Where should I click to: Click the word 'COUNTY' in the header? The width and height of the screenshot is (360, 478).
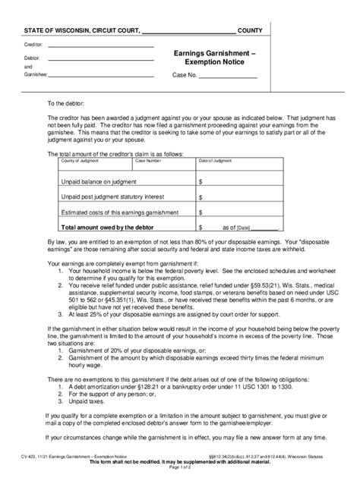(x=250, y=30)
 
